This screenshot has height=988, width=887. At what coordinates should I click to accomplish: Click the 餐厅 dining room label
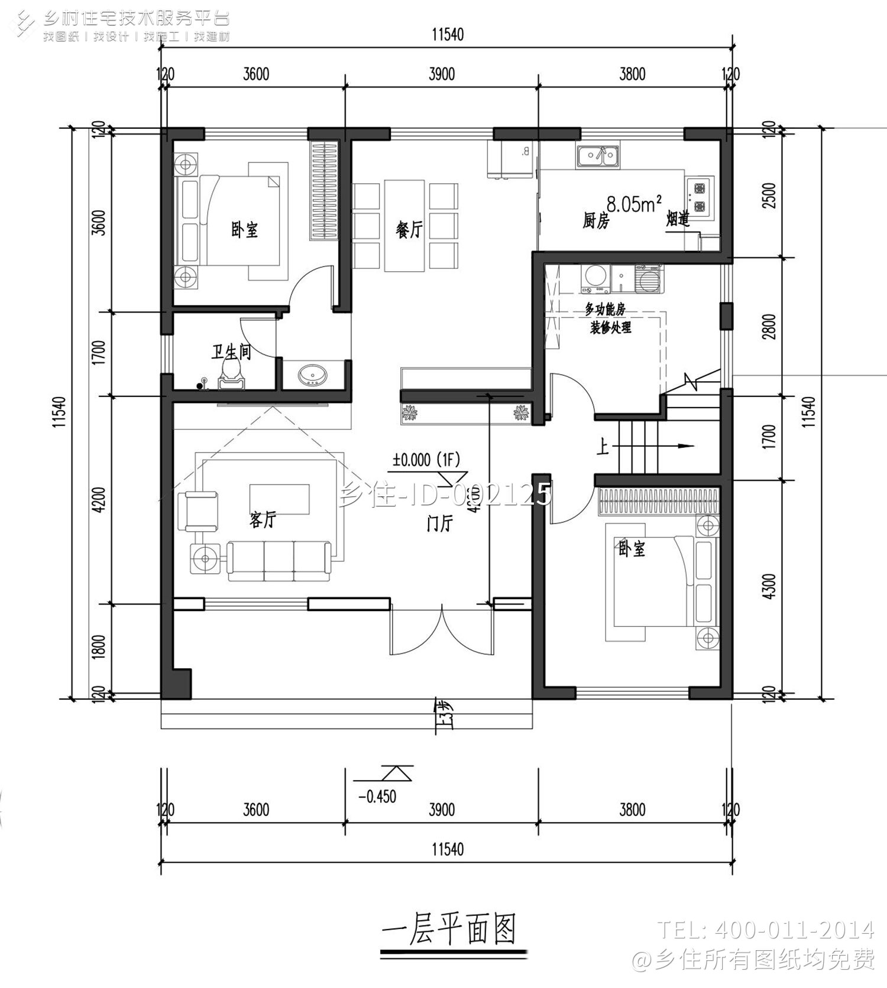click(409, 229)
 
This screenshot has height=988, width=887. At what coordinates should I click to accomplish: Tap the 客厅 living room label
click(262, 520)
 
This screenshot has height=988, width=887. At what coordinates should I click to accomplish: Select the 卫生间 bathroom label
click(231, 352)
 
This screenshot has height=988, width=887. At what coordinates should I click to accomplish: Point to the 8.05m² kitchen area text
click(633, 204)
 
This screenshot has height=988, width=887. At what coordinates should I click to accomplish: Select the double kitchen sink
click(598, 156)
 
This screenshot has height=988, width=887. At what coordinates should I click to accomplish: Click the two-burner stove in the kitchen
click(700, 197)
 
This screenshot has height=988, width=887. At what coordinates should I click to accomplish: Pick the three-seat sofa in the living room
click(279, 559)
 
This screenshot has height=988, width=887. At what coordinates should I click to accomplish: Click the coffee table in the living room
click(279, 499)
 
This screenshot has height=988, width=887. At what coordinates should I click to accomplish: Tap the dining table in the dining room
click(404, 226)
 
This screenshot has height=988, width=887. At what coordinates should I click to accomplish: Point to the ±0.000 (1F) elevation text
click(426, 460)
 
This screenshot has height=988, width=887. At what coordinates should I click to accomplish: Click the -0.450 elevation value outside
click(377, 797)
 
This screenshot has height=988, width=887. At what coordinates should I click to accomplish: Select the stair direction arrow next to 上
click(680, 446)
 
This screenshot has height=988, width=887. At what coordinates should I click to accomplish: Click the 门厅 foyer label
click(439, 524)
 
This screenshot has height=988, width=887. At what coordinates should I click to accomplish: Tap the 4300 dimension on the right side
click(768, 586)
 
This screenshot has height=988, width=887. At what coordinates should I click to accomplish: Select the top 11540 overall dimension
click(447, 34)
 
